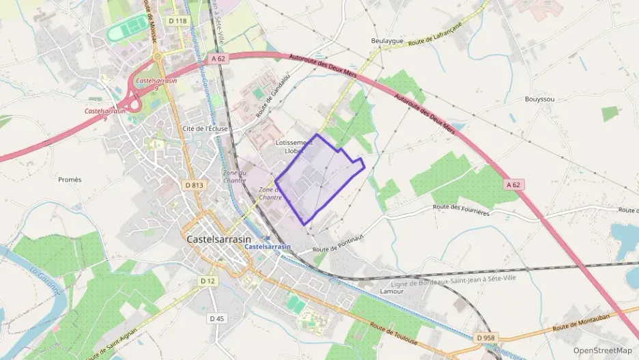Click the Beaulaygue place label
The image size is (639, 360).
tap(387, 41)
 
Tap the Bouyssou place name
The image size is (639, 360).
tap(539, 99)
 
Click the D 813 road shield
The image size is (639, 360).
tap(195, 184)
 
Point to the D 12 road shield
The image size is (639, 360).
tap(208, 281)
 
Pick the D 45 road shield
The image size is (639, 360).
tap(217, 318)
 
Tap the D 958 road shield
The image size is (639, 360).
tap(485, 337)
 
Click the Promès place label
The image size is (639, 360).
tap(70, 180)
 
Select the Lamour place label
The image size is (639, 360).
tap(391, 291)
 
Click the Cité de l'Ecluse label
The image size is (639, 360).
tap(205, 128)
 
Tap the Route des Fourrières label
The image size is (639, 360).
tap(461, 210)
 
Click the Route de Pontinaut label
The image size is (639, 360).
tap(335, 243)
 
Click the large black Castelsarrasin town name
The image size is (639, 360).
tap(218, 240)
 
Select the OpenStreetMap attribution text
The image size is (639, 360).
tap(603, 350)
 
